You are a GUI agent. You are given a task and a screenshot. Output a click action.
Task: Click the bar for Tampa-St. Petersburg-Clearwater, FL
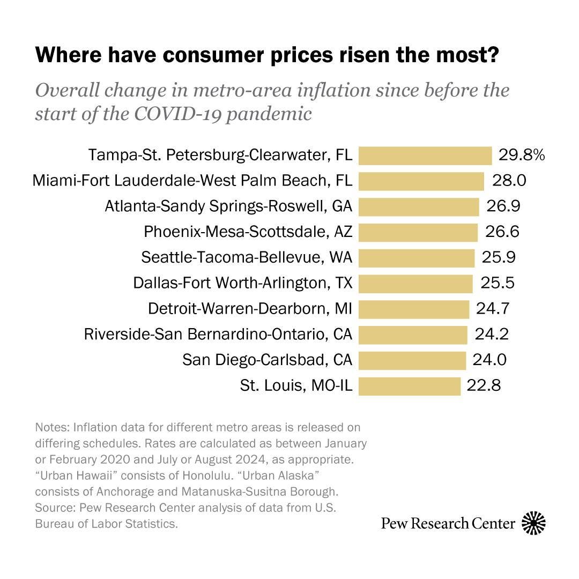[x=425, y=155]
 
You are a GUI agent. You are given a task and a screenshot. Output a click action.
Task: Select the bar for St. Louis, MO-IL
[x=410, y=386]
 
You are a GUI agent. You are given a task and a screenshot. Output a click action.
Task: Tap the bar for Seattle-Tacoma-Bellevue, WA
[x=417, y=258]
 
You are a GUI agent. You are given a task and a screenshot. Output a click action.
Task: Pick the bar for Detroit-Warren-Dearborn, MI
[x=414, y=309]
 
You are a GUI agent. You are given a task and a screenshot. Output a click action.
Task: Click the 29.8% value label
[x=522, y=155]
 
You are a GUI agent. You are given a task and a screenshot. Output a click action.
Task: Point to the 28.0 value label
[x=509, y=181]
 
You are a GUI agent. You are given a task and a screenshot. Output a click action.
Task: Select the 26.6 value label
[x=502, y=232]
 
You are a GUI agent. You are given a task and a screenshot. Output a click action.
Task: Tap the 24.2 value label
[x=492, y=334]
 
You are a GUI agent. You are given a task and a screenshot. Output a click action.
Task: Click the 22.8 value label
[x=484, y=385]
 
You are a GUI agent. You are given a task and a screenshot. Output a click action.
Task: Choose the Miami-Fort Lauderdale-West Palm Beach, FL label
[x=192, y=181]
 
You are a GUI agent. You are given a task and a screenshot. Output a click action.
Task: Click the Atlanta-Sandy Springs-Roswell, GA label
[x=228, y=206]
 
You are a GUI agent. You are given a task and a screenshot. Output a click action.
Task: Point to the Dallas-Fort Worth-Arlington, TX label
[x=243, y=283]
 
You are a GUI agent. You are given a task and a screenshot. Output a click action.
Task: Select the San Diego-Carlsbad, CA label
[x=268, y=360]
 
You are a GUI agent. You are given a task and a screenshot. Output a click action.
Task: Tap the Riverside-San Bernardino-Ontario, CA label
[x=218, y=334]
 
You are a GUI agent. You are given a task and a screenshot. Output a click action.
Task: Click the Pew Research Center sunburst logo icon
[x=533, y=523]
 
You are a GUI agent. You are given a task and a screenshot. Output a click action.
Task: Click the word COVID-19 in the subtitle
[x=177, y=114]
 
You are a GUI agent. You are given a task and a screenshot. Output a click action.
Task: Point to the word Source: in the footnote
[x=56, y=508]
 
